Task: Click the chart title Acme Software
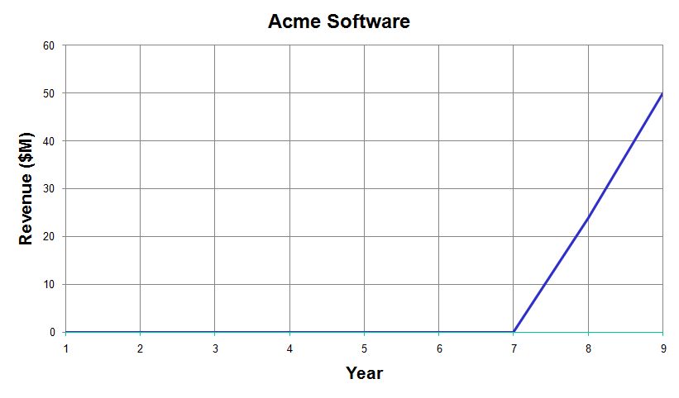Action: tap(338, 21)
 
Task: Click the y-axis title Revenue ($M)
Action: tap(26, 189)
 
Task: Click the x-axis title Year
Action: tap(364, 373)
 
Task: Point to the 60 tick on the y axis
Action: tap(49, 45)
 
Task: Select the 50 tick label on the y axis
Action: tap(49, 93)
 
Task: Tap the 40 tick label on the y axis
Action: tap(49, 141)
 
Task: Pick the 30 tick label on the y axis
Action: tap(49, 189)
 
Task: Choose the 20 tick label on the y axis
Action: tap(49, 237)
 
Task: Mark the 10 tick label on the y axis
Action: tap(49, 284)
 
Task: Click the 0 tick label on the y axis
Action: tap(52, 332)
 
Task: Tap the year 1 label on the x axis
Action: tap(66, 348)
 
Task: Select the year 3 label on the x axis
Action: tap(215, 348)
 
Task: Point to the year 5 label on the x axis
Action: tap(364, 348)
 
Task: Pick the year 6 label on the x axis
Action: tap(439, 348)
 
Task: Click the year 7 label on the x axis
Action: tap(514, 348)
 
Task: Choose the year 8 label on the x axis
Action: tap(588, 348)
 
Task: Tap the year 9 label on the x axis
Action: tap(663, 348)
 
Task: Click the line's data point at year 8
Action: tap(588, 217)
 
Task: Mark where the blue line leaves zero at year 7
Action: tap(514, 332)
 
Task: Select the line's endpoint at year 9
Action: tap(662, 93)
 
